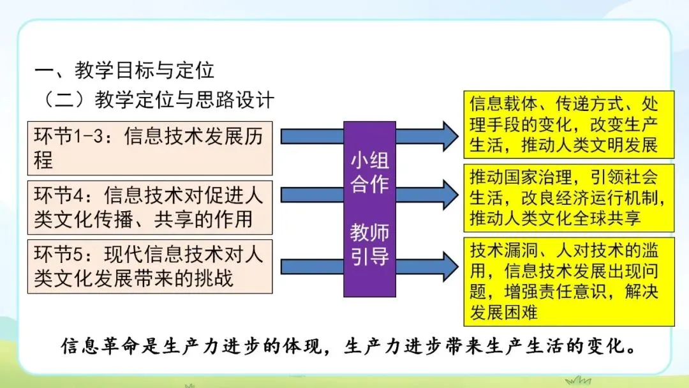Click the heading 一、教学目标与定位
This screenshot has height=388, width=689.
(125, 70)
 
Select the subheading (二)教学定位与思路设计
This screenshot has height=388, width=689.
(157, 100)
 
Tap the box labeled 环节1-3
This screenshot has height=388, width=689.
(149, 148)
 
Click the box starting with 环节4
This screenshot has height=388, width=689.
(149, 207)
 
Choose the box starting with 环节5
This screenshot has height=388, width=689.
(149, 266)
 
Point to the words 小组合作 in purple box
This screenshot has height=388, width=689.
(369, 172)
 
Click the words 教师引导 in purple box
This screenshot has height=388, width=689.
(369, 244)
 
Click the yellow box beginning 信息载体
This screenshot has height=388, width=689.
(569, 124)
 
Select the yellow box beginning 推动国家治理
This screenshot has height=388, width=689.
(569, 198)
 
